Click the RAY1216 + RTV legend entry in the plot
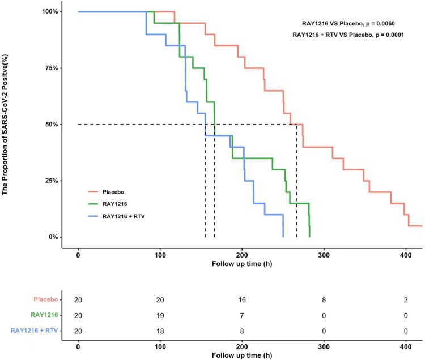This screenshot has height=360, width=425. click(125, 216)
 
